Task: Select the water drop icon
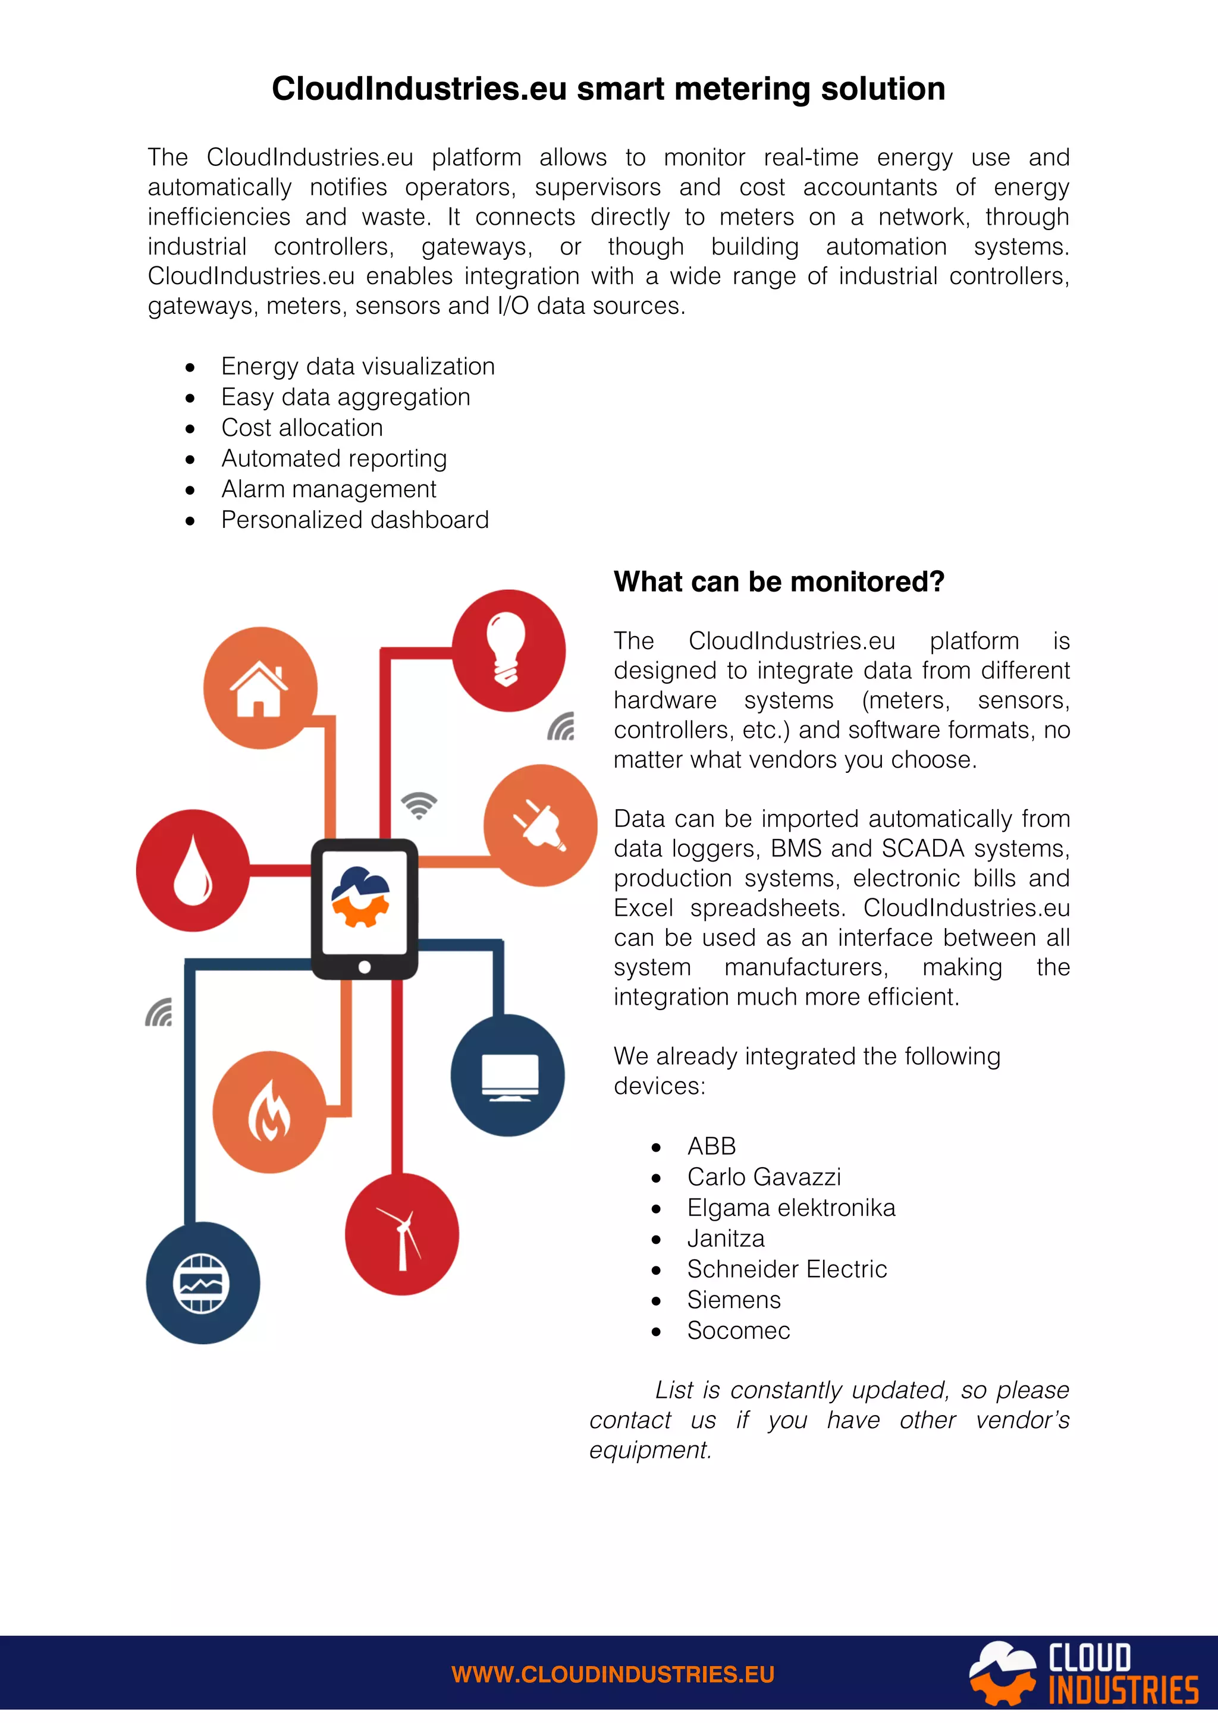tap(193, 870)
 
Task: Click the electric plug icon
tap(539, 825)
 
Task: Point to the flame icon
tap(269, 1111)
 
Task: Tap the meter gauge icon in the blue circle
tap(201, 1282)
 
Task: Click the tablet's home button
tap(365, 967)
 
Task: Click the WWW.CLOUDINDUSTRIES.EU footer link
tap(613, 1674)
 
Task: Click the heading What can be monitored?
tap(779, 581)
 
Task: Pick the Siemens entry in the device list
tap(733, 1300)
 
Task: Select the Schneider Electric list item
tap(786, 1269)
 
